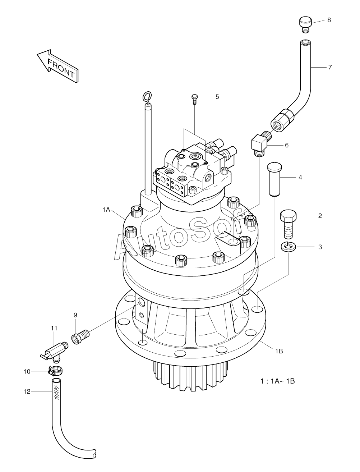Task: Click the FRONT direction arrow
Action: tap(57, 66)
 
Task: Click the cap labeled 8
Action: tap(306, 25)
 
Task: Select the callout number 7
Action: tap(330, 67)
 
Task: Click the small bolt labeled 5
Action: tap(194, 99)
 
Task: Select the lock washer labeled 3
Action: tap(288, 247)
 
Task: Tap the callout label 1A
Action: tap(106, 210)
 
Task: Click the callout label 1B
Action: tap(279, 351)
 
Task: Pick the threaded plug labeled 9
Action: tap(80, 338)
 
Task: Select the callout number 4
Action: tap(300, 177)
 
